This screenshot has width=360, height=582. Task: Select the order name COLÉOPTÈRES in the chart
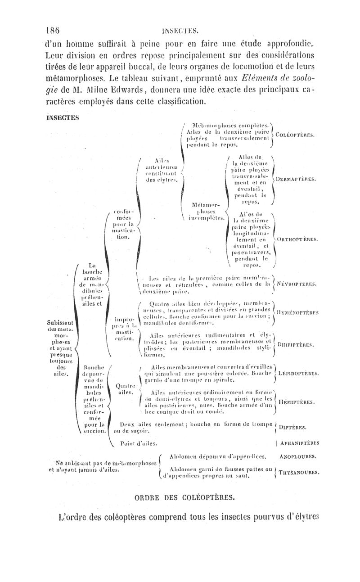(x=295, y=135)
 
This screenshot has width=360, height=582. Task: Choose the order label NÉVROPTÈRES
(x=297, y=284)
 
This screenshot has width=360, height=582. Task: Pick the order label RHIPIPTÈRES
(x=296, y=346)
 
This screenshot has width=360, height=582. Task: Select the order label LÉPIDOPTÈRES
(x=299, y=373)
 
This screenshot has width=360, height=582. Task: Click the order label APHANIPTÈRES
(x=299, y=443)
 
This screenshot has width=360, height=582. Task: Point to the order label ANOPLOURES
(x=297, y=456)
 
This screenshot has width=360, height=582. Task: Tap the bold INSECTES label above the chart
(x=63, y=118)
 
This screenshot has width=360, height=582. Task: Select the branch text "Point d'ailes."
(x=139, y=443)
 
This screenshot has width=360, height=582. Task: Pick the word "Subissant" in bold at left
(x=61, y=324)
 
